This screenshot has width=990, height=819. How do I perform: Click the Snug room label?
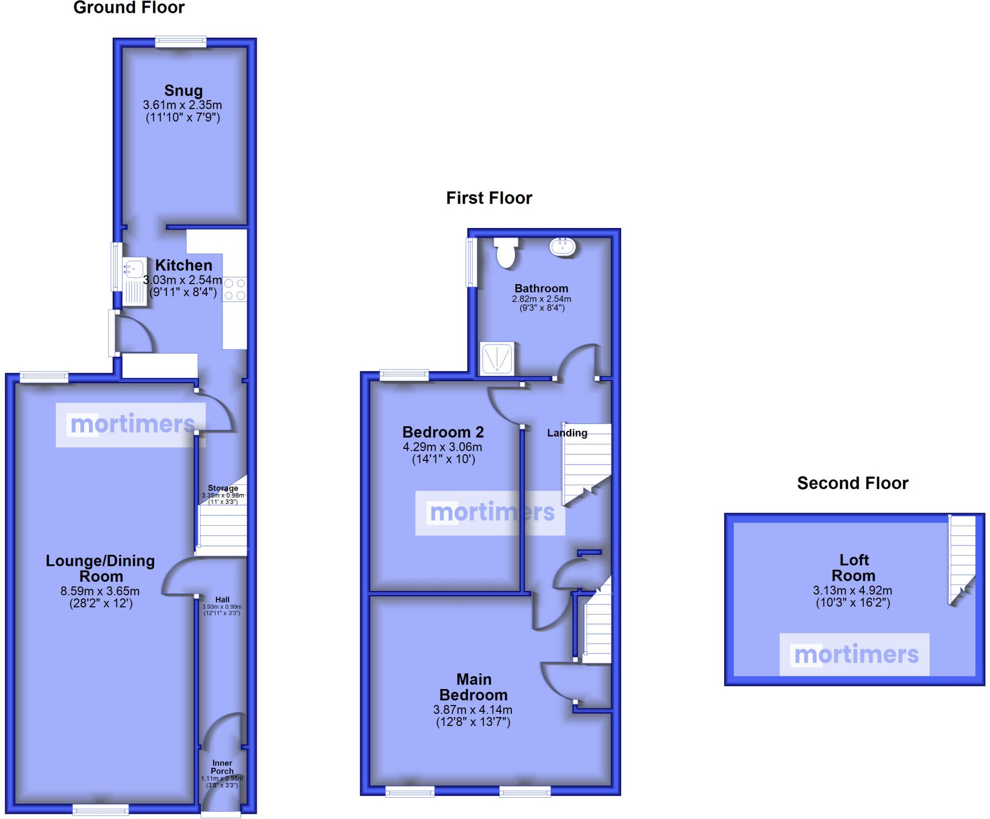coord(183,90)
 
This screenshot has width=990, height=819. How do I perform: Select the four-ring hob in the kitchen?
coord(234,289)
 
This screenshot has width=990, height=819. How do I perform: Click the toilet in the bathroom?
coord(506,252)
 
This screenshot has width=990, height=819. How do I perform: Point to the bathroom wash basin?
coord(563,246)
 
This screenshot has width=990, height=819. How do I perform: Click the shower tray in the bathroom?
coord(496,359)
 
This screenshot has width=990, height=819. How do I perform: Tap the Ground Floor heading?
coord(129,8)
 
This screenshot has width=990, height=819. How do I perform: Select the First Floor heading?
coord(489,198)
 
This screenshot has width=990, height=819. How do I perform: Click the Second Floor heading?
coord(852,483)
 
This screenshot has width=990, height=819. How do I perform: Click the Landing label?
coord(567,433)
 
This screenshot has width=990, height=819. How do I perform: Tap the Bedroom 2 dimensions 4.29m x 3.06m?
coord(442,447)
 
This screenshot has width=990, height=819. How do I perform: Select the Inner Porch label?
coord(222,767)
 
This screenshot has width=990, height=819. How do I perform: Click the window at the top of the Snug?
coord(181,42)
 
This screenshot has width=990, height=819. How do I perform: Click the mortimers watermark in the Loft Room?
coord(854,654)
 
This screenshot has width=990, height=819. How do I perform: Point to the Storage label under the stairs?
coord(223,488)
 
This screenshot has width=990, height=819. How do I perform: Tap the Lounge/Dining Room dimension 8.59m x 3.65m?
coord(100,590)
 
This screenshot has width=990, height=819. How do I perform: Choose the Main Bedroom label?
coord(473,687)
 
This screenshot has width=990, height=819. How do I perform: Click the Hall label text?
coord(222,599)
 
